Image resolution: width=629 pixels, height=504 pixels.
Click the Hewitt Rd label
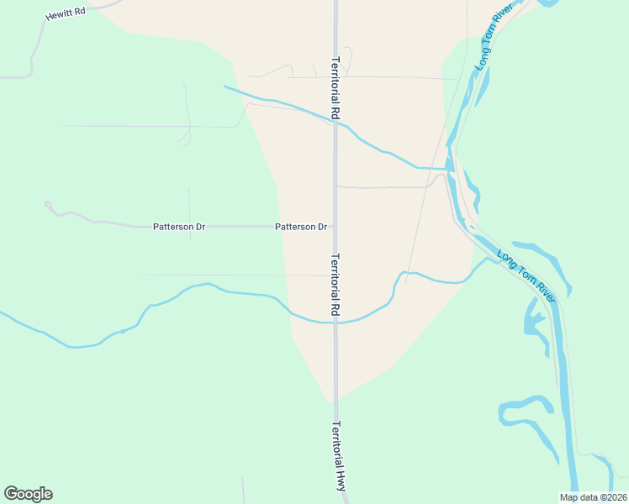66,15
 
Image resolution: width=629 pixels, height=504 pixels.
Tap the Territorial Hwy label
339,456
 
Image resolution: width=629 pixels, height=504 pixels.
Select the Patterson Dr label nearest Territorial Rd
301,227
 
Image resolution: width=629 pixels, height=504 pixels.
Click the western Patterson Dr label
179,227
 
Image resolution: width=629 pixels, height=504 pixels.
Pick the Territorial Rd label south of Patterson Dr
336,285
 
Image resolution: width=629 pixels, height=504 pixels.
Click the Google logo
28,494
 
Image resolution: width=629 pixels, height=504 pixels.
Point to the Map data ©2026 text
593,497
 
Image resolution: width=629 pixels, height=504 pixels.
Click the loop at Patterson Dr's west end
48,204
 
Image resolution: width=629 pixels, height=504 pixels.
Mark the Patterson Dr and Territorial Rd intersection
336,227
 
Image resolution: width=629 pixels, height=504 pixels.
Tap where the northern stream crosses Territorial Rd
336,123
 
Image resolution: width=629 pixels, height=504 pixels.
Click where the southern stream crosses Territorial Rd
336,322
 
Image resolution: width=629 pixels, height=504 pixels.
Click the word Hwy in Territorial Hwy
341,480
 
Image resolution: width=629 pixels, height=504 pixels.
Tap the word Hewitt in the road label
60,16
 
